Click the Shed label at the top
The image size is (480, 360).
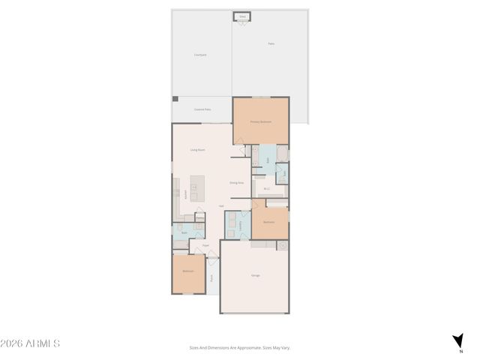[x=242, y=15]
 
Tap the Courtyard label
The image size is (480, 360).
[x=200, y=55]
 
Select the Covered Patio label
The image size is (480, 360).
[x=202, y=109]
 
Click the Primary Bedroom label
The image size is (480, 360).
[x=260, y=121]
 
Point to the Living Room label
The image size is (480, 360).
[x=198, y=150]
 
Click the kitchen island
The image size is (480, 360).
[x=197, y=187]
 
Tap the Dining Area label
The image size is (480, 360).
[x=236, y=183]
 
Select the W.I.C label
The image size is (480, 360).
[x=266, y=189]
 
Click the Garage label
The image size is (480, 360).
[x=255, y=276]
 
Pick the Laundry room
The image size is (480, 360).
[x=239, y=224]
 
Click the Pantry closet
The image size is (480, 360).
[x=200, y=218]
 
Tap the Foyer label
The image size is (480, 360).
[x=205, y=245]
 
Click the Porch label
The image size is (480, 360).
[x=212, y=277]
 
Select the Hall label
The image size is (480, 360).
[x=221, y=206]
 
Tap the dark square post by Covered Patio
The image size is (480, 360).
[x=175, y=98]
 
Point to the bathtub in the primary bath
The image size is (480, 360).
[x=281, y=154]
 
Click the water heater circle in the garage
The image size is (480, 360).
[x=282, y=245]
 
